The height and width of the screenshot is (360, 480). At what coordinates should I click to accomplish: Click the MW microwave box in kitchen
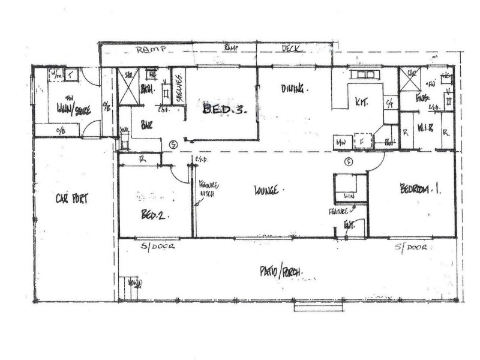pos(341,142)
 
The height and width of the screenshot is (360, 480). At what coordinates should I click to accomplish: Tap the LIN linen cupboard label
pos(347,197)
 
